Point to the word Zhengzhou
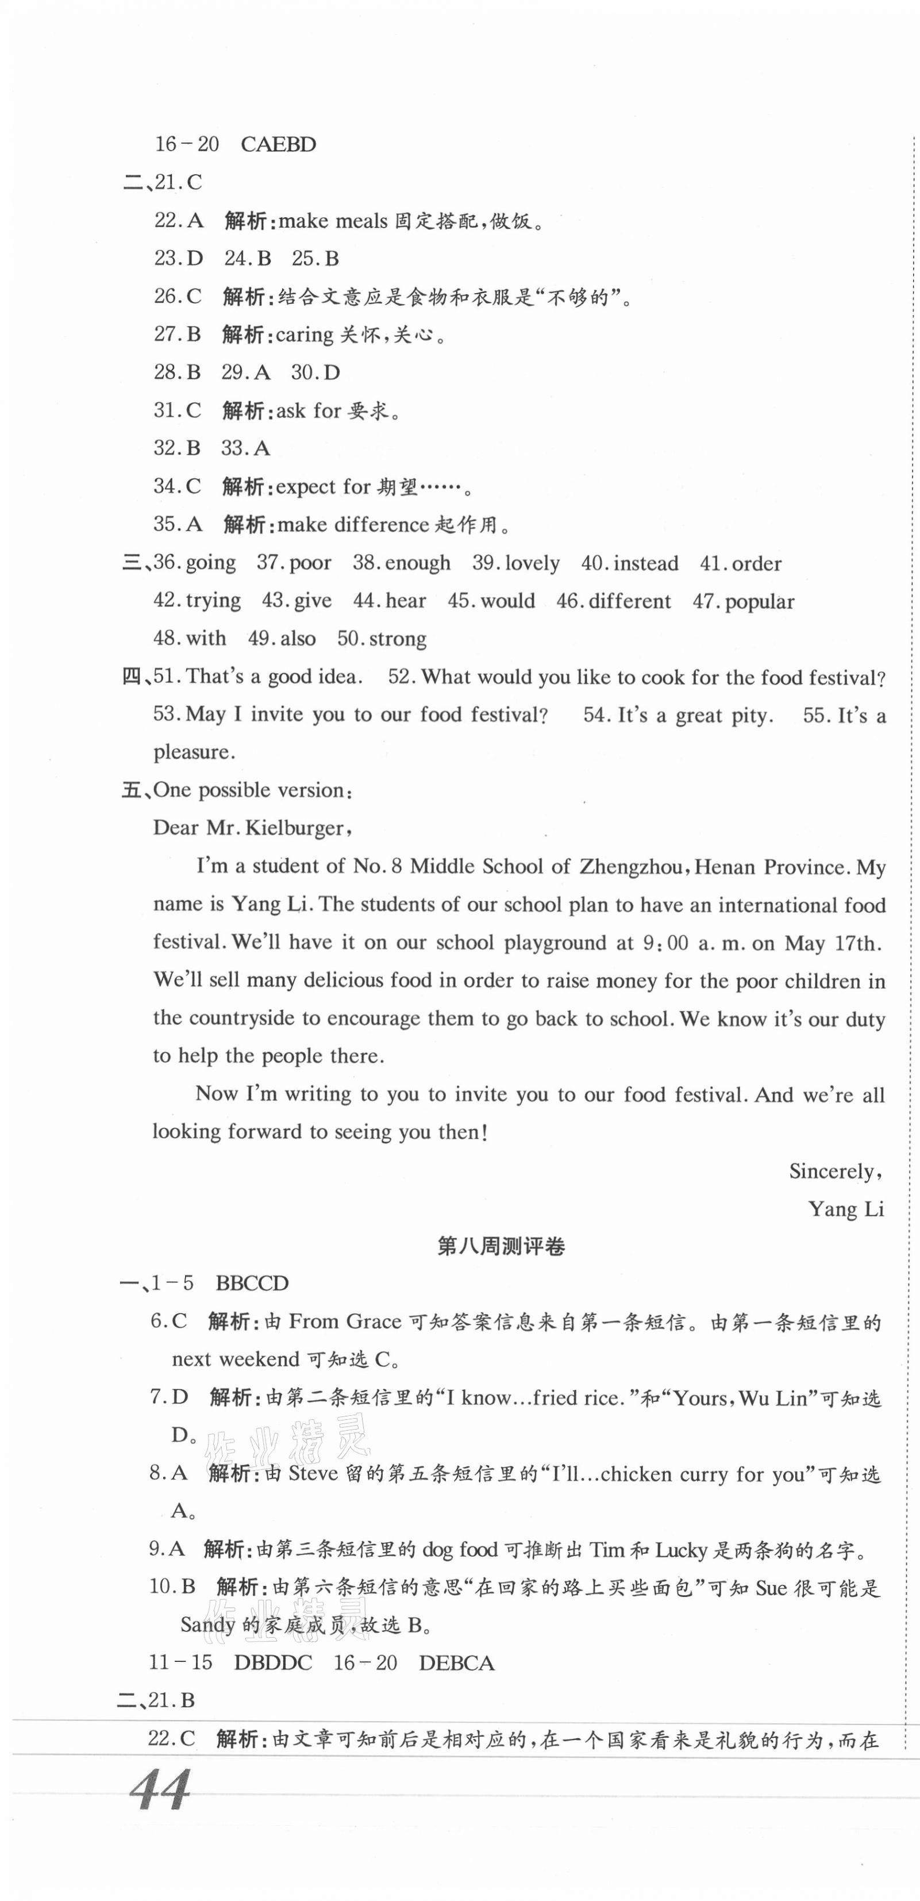(631, 866)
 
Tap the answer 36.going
(195, 563)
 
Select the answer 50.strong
(382, 638)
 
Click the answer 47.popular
(743, 601)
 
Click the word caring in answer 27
(304, 335)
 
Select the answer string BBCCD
(252, 1283)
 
